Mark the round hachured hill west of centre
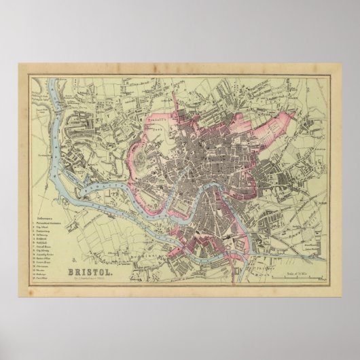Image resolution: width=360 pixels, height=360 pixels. pyautogui.click(x=141, y=158)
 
